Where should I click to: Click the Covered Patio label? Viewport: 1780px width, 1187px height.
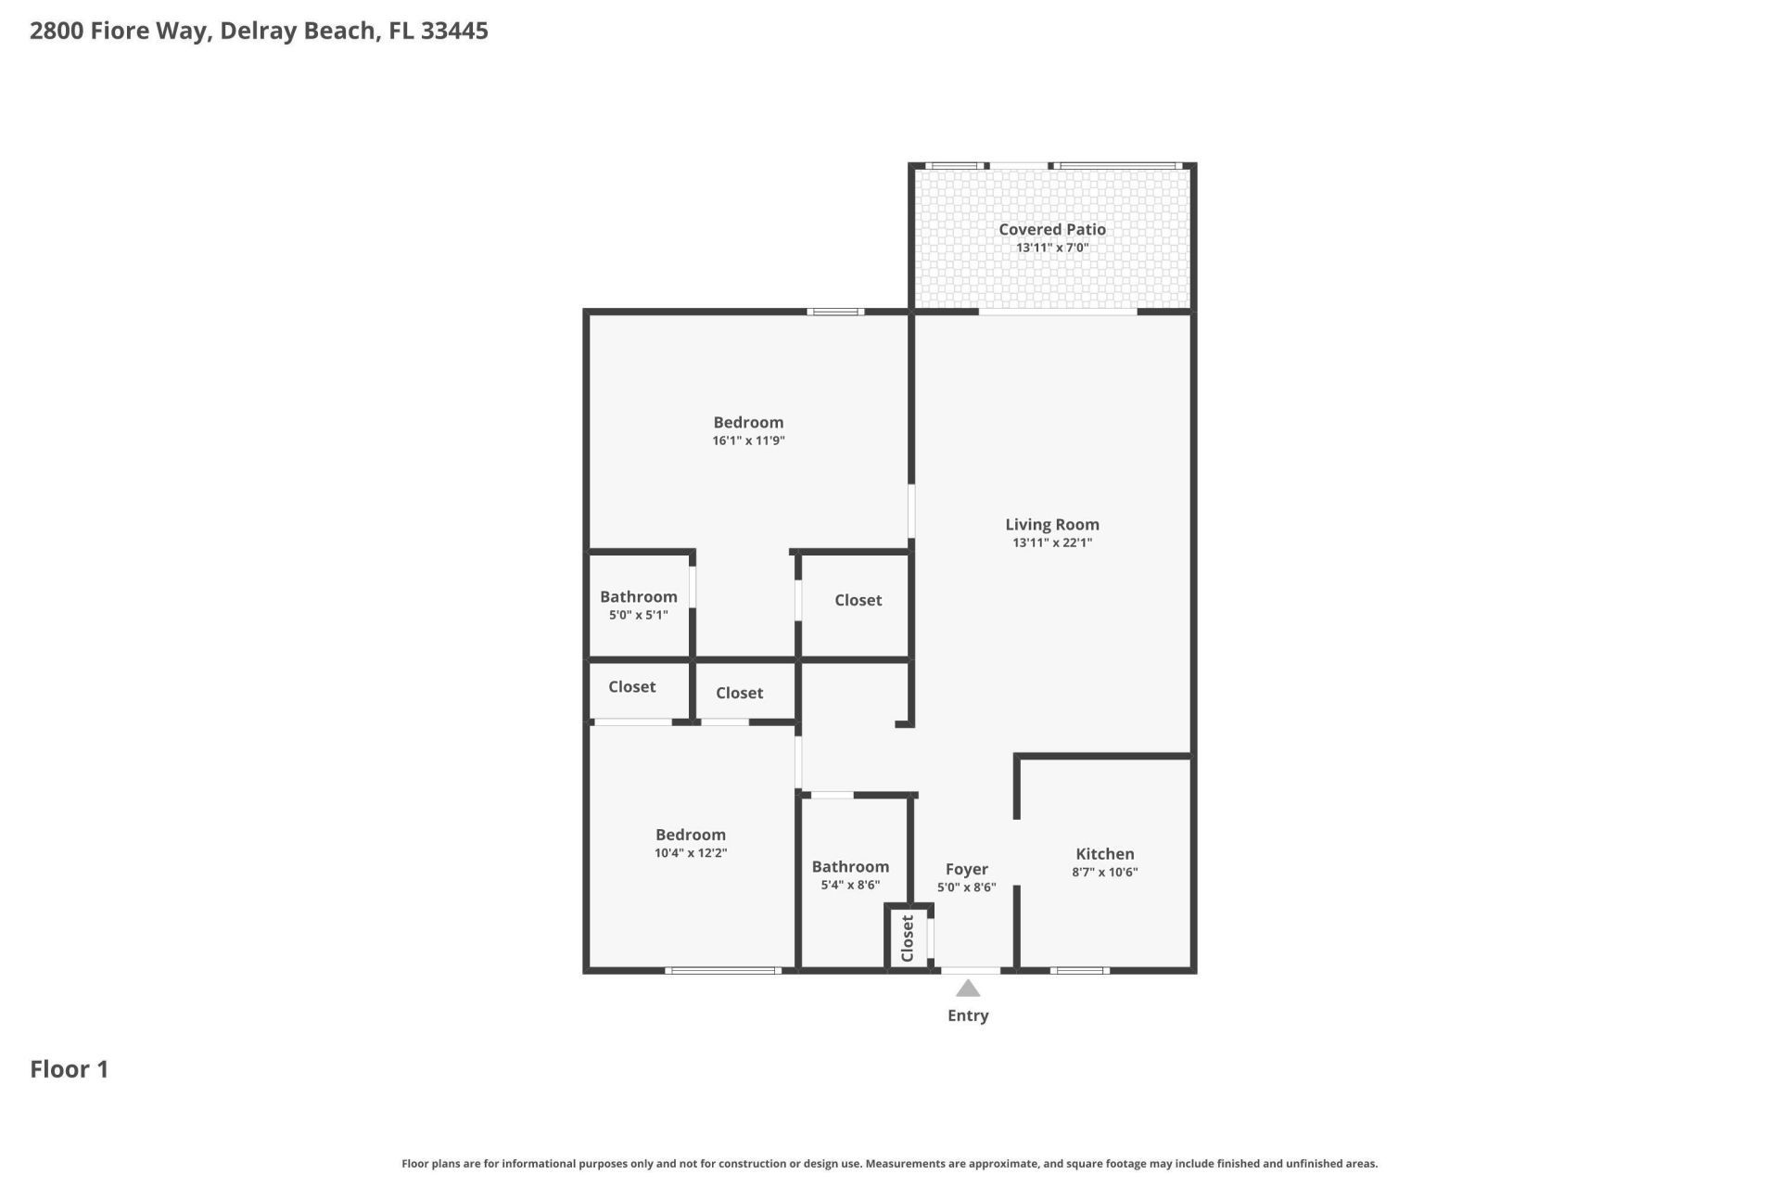1051,229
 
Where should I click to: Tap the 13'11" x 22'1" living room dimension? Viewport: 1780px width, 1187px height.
1051,543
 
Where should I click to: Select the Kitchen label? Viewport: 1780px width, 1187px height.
1104,854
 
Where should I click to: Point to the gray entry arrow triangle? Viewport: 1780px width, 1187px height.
968,989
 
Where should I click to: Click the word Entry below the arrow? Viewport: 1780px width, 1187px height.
968,1015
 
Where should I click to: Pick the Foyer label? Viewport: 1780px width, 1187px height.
966,869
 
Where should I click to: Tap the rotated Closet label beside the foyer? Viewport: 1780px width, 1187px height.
908,938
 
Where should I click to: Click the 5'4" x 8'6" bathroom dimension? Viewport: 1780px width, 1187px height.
850,886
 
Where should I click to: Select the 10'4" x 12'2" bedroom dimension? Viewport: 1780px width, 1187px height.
690,853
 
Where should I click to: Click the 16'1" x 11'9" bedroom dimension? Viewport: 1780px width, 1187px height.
748,441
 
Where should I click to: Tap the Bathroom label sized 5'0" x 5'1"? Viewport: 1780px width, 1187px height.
638,597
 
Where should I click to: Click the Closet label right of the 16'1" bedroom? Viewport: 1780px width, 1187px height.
858,600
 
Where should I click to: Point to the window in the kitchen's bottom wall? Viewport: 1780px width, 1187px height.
1079,971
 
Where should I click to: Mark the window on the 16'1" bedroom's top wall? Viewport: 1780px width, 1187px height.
834,312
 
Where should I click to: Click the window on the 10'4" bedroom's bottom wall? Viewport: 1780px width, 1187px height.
723,971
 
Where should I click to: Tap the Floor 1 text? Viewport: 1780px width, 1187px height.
70,1069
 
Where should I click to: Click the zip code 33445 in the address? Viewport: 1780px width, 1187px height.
454,31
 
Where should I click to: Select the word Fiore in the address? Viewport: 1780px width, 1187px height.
121,31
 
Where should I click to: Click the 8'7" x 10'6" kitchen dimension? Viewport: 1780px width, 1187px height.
1104,873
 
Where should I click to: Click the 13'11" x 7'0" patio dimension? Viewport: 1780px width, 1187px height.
1051,248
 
